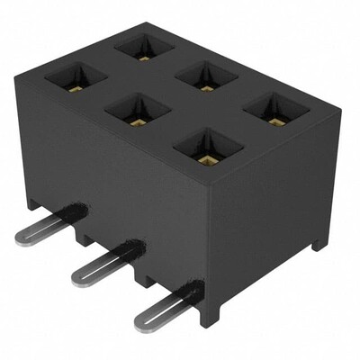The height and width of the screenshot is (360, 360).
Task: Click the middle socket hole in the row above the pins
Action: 138,112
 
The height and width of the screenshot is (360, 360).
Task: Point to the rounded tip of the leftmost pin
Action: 22,237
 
